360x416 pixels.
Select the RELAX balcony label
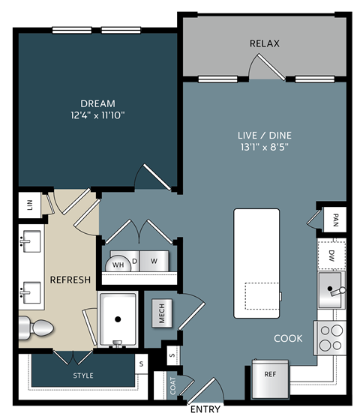264,43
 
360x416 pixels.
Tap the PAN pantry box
334,220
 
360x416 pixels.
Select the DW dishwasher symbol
331,255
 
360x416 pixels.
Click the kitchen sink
330,289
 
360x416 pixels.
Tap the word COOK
287,338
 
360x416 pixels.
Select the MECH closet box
162,313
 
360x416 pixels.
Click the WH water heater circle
118,263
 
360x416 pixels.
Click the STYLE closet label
83,375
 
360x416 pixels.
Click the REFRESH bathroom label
70,280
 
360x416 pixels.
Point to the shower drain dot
118,319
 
